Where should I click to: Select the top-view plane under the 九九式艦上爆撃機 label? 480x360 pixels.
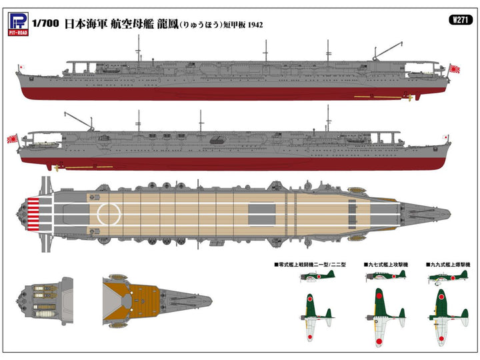pos(444,316)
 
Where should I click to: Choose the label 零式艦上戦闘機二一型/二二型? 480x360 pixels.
pos(313,265)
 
